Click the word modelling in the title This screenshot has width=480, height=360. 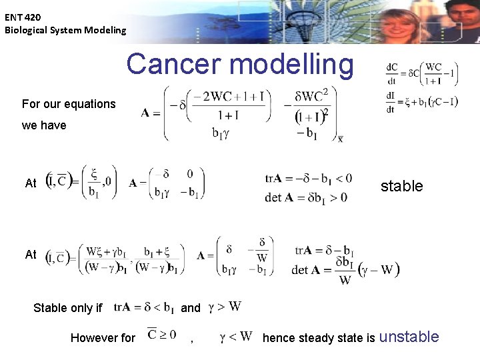point(291,64)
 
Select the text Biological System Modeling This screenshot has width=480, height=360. point(65,30)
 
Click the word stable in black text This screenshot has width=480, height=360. point(401,186)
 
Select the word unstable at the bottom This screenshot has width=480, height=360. point(409,337)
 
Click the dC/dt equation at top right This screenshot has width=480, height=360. point(421,74)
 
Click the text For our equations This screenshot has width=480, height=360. point(69,104)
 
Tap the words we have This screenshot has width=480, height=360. point(44,125)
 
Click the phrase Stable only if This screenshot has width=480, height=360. point(68,308)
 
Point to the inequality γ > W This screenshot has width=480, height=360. point(225,307)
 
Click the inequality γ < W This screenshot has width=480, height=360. point(235,337)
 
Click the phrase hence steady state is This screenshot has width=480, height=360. point(319,338)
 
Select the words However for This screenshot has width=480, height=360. point(103,338)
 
